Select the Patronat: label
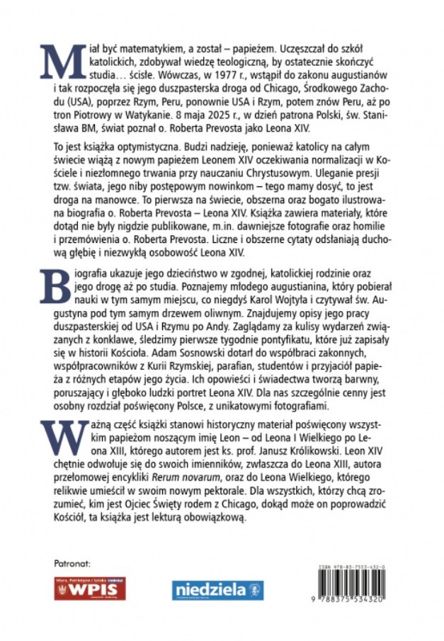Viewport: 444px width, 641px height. (73, 565)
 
